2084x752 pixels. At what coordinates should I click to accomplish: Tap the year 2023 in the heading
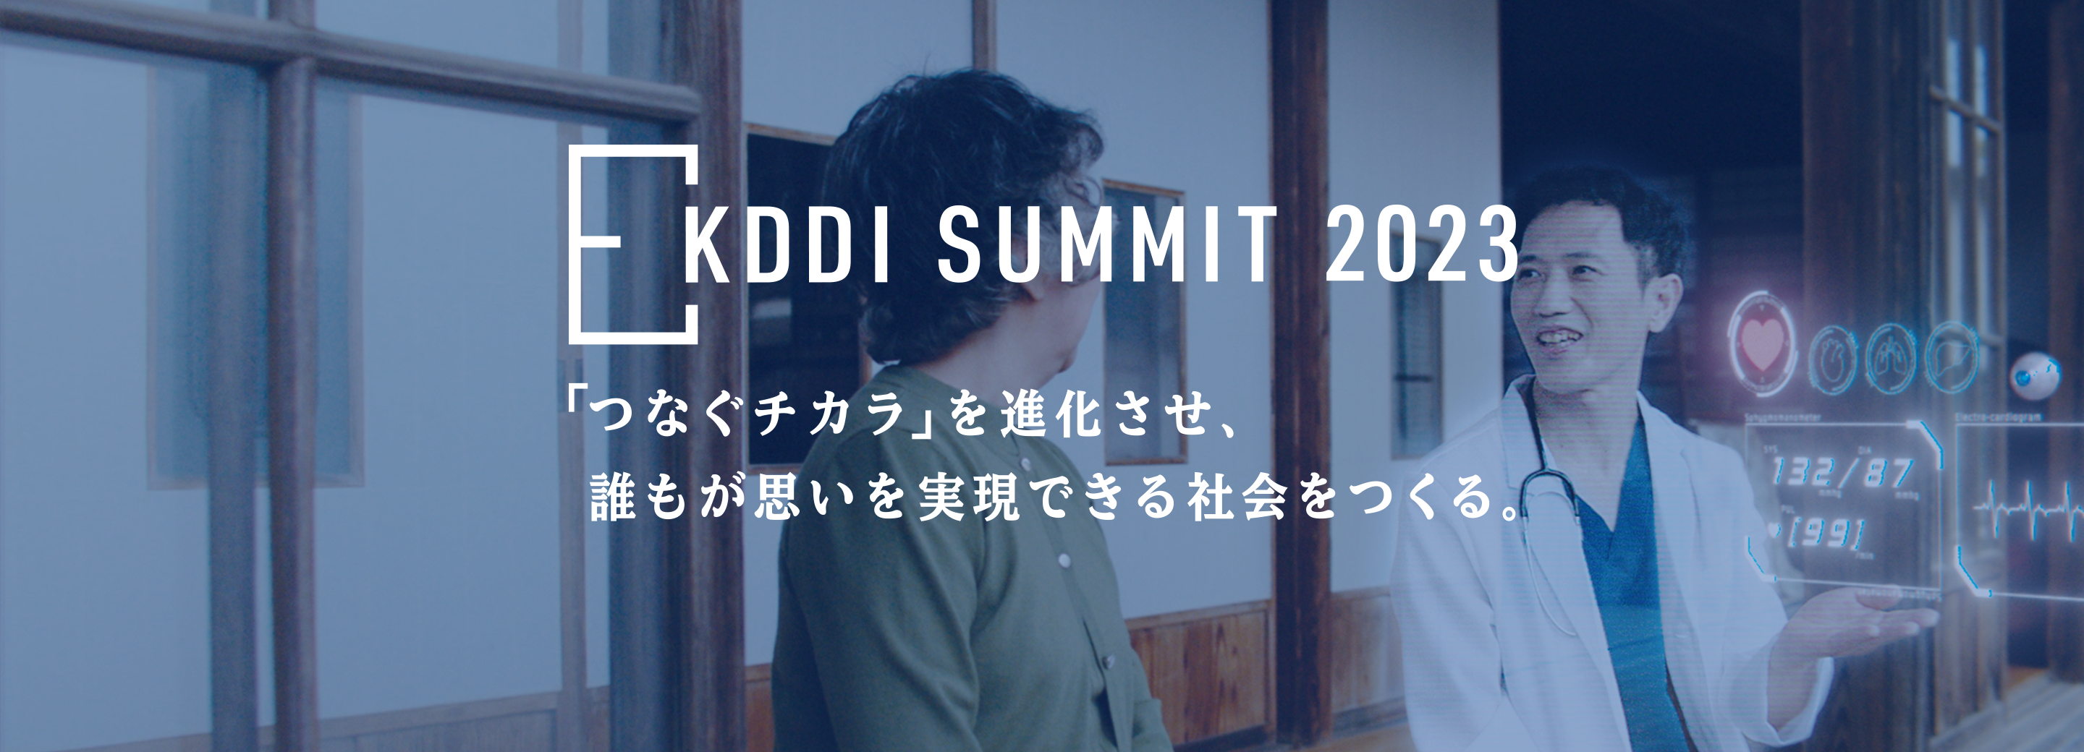click(1420, 244)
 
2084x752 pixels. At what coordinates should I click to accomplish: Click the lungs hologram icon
click(1892, 358)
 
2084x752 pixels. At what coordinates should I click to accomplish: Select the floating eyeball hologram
click(2036, 376)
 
